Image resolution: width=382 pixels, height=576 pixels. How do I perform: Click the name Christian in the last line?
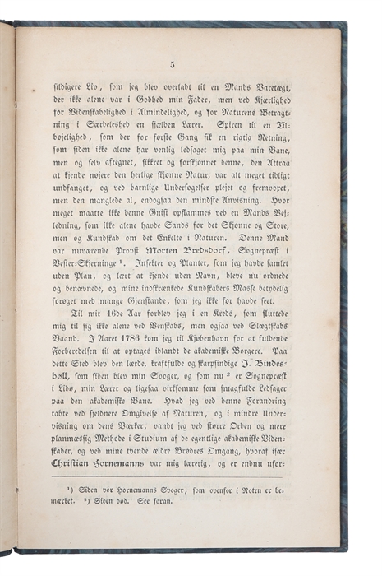80,464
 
